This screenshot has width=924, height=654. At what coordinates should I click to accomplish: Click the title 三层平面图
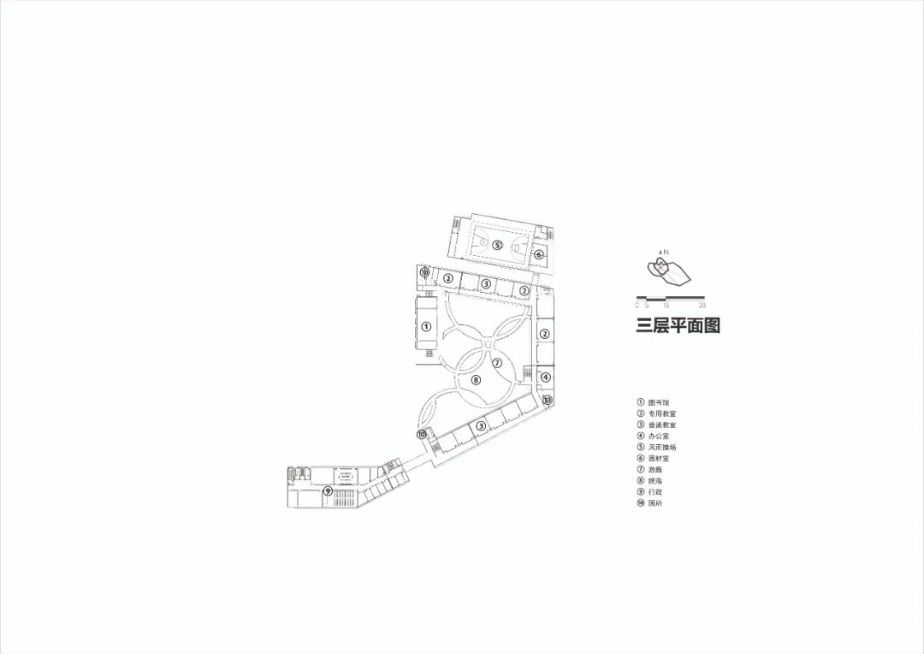[x=678, y=326]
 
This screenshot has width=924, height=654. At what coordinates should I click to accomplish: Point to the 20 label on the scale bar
[x=702, y=305]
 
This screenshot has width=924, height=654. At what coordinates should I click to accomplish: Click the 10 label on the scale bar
[x=666, y=305]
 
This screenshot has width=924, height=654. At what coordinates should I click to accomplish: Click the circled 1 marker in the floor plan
[x=425, y=326]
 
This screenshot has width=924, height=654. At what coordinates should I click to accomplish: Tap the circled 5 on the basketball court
[x=497, y=245]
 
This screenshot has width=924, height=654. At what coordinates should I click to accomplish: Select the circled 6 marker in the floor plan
[x=539, y=254]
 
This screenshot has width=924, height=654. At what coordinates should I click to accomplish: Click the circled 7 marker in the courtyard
[x=495, y=363]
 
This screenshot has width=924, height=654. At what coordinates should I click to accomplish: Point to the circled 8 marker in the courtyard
[x=476, y=379]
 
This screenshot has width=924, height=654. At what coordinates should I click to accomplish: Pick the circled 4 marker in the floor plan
[x=546, y=378]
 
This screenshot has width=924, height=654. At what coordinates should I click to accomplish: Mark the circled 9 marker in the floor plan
[x=328, y=490]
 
